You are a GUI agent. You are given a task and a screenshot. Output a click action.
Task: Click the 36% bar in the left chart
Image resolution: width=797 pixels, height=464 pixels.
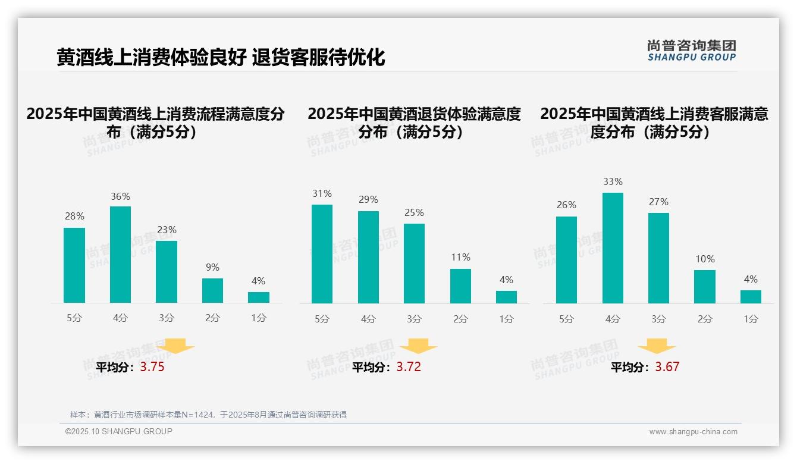(120, 255)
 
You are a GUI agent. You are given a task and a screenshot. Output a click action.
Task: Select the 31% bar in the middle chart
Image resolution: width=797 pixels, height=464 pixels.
(322, 254)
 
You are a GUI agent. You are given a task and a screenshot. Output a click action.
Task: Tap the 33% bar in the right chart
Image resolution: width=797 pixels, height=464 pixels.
(613, 248)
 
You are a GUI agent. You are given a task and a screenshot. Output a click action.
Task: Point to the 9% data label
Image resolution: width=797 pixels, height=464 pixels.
(212, 268)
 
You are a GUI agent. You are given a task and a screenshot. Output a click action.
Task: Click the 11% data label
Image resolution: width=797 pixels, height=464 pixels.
(460, 258)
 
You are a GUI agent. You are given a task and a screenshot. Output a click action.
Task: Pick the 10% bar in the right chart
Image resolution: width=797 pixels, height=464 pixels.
(705, 287)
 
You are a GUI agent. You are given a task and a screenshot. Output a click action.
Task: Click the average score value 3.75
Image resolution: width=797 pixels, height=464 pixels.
(152, 367)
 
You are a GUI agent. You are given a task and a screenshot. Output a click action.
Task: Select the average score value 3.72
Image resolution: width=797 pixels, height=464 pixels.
(409, 367)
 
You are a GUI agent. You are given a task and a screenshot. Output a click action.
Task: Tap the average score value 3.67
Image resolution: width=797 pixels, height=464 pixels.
(667, 367)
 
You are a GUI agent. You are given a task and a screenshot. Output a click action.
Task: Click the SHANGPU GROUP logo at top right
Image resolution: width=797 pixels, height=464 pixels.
(691, 51)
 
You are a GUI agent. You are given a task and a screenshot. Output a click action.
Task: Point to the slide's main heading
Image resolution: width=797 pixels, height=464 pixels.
(221, 58)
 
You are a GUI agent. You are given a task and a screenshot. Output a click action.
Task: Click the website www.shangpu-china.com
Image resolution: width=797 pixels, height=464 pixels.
(693, 432)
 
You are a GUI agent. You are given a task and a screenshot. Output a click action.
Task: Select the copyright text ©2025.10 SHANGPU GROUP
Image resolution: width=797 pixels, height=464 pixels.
(119, 431)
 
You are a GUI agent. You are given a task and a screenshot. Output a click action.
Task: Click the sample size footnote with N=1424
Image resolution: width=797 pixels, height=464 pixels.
(208, 415)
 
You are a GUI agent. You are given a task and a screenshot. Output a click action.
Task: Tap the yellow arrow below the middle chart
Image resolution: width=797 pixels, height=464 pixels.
(418, 346)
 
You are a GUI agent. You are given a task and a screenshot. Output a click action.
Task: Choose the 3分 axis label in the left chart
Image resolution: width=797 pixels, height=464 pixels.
(167, 318)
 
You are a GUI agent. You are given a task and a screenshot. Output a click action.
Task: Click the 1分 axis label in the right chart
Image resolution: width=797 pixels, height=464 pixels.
(751, 319)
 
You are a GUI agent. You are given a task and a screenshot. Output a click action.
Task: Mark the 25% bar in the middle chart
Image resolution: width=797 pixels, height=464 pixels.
(414, 264)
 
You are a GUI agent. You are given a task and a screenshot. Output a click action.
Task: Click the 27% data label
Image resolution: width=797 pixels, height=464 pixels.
(658, 202)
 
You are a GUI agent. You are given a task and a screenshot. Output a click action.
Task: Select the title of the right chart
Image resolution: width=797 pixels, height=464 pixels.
(654, 123)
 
